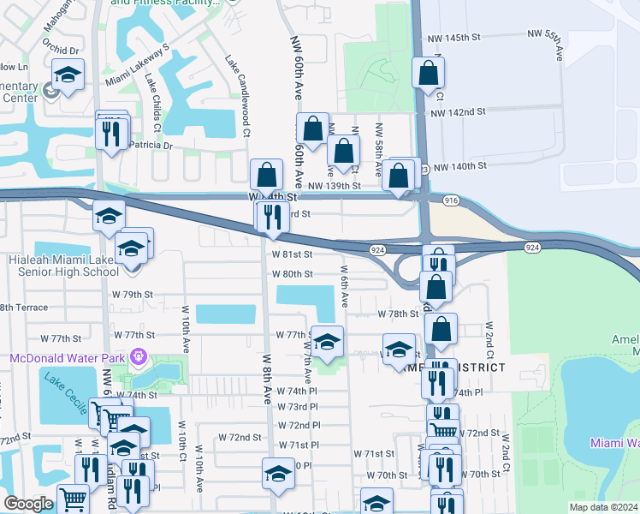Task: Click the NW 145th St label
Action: [x=471, y=38]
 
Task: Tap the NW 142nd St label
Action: [x=459, y=112]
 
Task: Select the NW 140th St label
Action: [x=459, y=166]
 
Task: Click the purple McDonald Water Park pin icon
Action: [x=136, y=356]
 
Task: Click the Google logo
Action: [x=28, y=504]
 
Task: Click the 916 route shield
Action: [x=453, y=200]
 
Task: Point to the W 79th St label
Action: [x=136, y=294]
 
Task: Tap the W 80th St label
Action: [x=292, y=274]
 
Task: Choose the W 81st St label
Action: [x=292, y=254]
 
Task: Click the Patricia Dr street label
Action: [x=150, y=146]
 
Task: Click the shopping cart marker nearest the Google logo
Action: [x=73, y=499]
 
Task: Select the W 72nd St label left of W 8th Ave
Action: [x=240, y=437]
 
